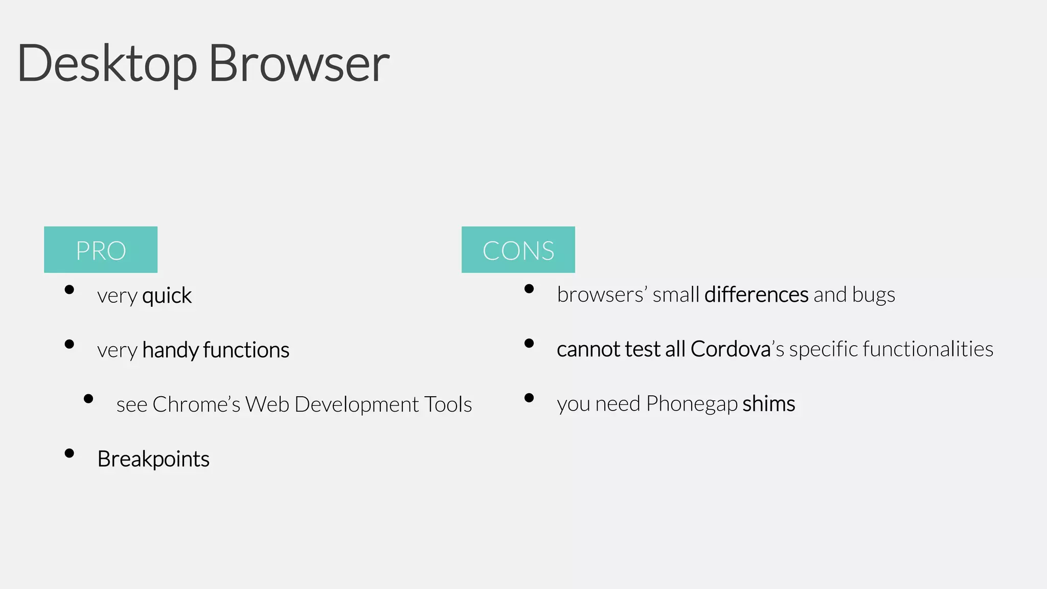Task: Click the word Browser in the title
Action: (299, 64)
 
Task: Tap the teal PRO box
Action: (101, 250)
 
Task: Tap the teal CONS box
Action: (518, 250)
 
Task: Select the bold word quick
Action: (167, 296)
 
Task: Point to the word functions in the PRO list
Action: (246, 350)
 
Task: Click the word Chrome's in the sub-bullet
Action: (196, 404)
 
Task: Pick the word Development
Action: (357, 404)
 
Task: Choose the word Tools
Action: (448, 404)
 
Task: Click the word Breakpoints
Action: (153, 459)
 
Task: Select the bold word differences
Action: (756, 295)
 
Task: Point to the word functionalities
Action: (928, 349)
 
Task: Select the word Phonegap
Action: (692, 404)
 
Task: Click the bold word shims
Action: (769, 404)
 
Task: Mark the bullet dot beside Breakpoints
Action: (70, 453)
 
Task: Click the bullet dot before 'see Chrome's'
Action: (88, 399)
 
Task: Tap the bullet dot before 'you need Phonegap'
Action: (529, 398)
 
